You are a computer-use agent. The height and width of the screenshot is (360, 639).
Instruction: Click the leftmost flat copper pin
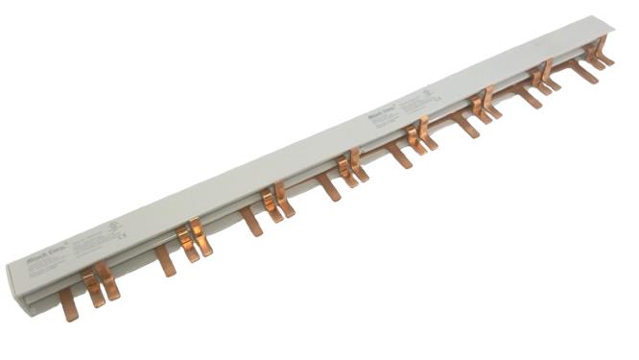tap(67, 304)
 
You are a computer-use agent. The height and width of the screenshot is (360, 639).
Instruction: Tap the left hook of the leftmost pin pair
tap(91, 288)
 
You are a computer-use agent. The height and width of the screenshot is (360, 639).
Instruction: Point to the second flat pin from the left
tap(165, 260)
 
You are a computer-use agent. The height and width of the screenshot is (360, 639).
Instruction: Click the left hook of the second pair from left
tap(186, 244)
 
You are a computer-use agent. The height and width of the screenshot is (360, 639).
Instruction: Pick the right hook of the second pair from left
tap(201, 237)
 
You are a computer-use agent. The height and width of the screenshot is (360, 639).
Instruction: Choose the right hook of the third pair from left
tap(284, 199)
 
